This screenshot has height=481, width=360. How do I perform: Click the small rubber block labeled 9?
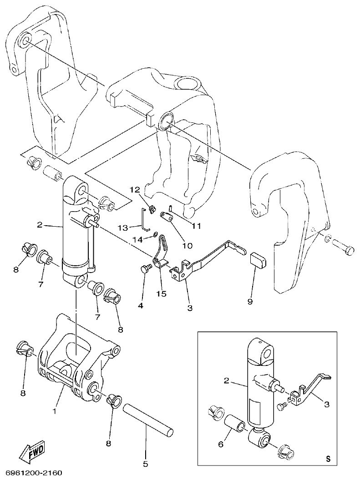(x=257, y=260)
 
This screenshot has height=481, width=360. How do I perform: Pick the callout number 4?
(x=141, y=306)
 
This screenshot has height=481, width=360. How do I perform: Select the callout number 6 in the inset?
(x=221, y=444)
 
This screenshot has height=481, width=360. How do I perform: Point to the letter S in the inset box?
(x=329, y=459)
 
